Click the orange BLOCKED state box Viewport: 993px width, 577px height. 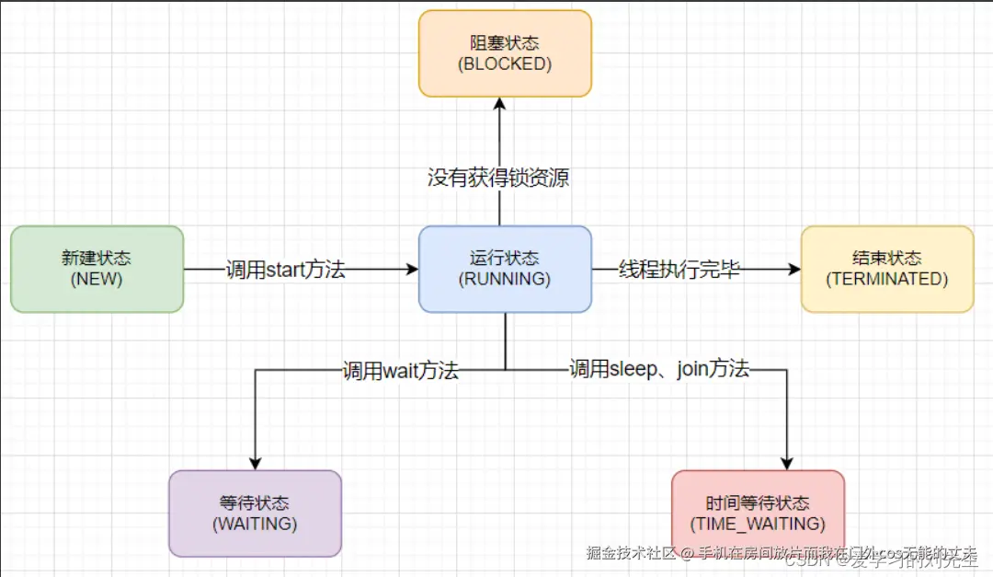[505, 53]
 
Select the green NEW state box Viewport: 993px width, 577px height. [97, 269]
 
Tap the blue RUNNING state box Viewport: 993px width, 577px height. [505, 269]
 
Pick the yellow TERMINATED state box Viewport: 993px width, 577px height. [886, 269]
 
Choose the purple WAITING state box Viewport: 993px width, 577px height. [255, 514]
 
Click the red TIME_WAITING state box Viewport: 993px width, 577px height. [758, 514]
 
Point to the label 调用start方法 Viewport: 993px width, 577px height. [286, 270]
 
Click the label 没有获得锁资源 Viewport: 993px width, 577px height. [498, 178]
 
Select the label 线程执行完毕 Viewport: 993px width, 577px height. [679, 270]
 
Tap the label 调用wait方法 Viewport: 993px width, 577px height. [400, 371]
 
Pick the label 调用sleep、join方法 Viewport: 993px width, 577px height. [659, 370]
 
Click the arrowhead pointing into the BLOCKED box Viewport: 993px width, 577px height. [499, 105]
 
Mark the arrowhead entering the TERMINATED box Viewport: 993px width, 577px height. [793, 270]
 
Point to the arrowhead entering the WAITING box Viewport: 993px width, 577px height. [255, 462]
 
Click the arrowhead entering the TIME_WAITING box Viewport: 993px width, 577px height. [788, 462]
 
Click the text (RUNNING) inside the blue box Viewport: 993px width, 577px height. [505, 279]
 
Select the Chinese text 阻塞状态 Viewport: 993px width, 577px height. [505, 43]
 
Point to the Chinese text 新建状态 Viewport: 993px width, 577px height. [97, 259]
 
